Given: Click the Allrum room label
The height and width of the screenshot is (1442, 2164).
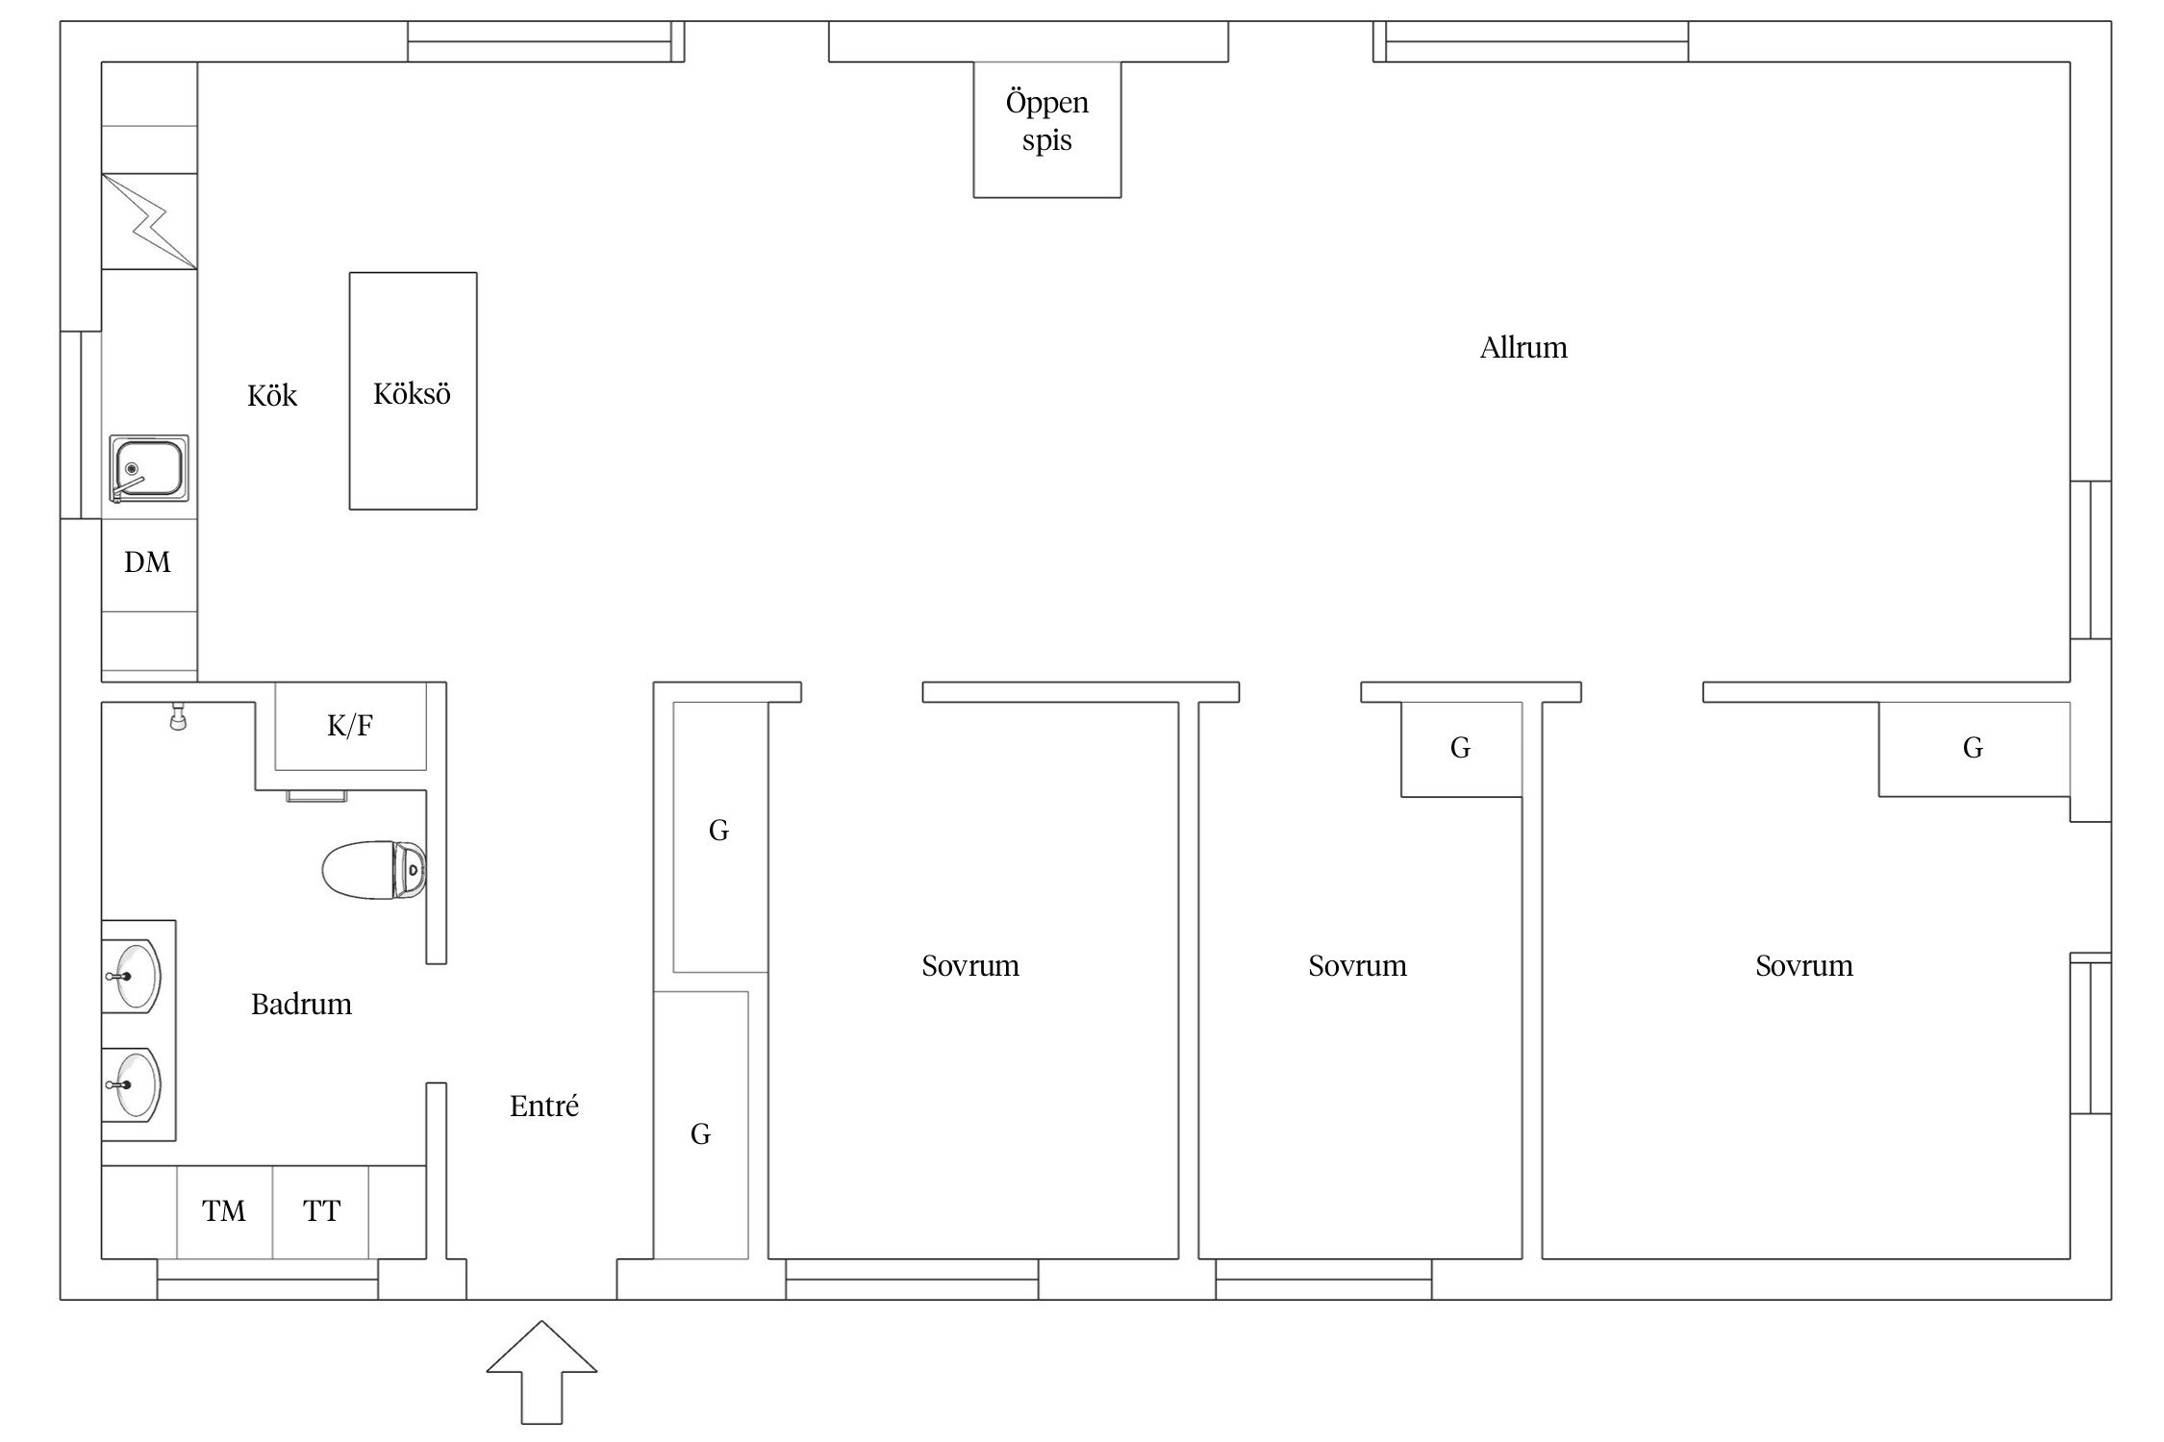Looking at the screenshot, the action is (1523, 348).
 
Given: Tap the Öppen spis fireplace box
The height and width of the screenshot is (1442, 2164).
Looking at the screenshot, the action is (1046, 129).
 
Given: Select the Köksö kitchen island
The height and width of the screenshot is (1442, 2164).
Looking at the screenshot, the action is (413, 390).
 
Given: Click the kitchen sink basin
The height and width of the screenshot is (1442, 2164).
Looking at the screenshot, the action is (148, 468).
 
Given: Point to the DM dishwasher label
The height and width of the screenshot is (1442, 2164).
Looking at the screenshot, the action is (147, 562).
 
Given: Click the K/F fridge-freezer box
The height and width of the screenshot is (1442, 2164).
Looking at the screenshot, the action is (350, 726).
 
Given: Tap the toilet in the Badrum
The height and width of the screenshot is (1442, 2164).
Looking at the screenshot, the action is (374, 870).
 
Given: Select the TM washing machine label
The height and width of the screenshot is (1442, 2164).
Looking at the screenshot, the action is (224, 1211).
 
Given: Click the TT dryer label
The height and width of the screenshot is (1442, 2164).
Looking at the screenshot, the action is (321, 1211).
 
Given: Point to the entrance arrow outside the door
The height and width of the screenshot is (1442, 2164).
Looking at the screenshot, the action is (541, 1372).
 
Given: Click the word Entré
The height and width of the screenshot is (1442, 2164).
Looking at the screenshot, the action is (544, 1106).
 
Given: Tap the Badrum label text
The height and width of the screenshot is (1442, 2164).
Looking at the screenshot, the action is (301, 1005).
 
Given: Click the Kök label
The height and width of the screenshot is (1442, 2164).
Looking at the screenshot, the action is (272, 396).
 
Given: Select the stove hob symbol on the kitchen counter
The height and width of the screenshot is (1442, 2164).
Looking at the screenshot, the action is (149, 221).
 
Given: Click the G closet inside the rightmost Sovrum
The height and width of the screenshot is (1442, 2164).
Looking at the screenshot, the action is (1974, 749).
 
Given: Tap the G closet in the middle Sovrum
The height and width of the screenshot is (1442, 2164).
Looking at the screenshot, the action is (1461, 749).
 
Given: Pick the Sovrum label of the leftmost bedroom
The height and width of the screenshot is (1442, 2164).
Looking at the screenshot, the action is (970, 965).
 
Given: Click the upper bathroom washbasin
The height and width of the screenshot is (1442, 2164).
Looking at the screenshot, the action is (132, 975).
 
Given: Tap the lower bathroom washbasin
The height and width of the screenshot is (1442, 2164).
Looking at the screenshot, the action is (132, 1085).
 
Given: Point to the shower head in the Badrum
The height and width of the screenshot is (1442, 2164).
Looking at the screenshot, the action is (177, 716).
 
